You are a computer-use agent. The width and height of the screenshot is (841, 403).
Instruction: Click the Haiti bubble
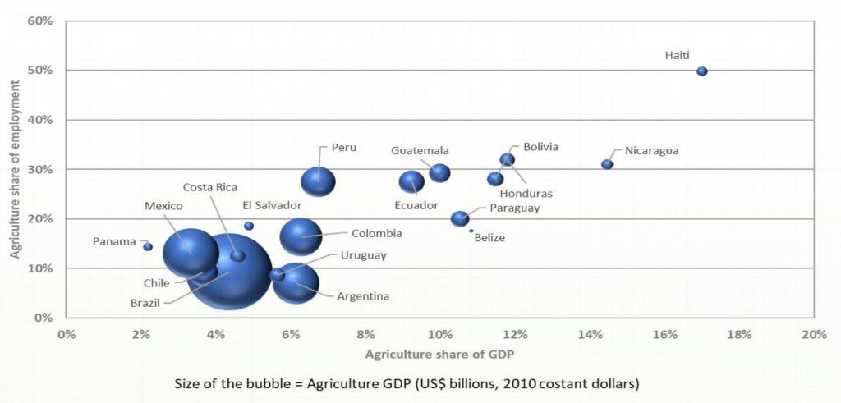click(702, 71)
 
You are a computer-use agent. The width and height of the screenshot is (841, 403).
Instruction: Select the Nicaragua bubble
click(607, 164)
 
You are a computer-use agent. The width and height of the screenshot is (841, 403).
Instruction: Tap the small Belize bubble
click(471, 231)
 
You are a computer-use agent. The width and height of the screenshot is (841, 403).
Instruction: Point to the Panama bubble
click(148, 246)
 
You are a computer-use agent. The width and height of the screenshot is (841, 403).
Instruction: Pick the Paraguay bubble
click(460, 218)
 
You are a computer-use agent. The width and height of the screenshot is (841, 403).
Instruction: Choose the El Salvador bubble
click(249, 226)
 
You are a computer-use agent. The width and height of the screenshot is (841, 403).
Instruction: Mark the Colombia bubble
click(301, 236)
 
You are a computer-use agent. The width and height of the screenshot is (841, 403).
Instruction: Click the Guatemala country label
click(420, 151)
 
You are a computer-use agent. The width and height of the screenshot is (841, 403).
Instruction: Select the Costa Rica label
click(209, 187)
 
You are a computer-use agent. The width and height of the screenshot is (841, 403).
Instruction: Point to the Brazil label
click(146, 302)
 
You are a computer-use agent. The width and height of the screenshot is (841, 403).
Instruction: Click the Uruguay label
click(363, 255)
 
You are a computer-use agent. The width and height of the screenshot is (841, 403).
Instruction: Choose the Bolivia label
click(540, 147)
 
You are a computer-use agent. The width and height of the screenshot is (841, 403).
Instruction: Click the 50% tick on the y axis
click(41, 71)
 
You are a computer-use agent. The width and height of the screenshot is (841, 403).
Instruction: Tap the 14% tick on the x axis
click(590, 334)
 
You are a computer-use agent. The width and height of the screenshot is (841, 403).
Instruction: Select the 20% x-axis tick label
click(813, 334)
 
